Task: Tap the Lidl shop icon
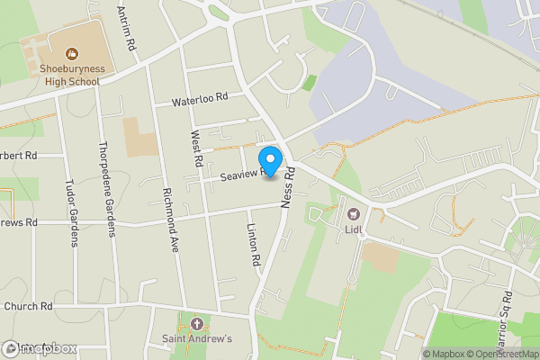click(353, 214)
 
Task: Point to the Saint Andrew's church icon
click(197, 322)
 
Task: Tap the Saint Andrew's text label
click(197, 339)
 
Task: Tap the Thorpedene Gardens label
click(107, 189)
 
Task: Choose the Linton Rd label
click(255, 243)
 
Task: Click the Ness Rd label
click(289, 188)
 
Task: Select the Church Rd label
click(27, 306)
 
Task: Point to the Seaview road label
click(241, 175)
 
